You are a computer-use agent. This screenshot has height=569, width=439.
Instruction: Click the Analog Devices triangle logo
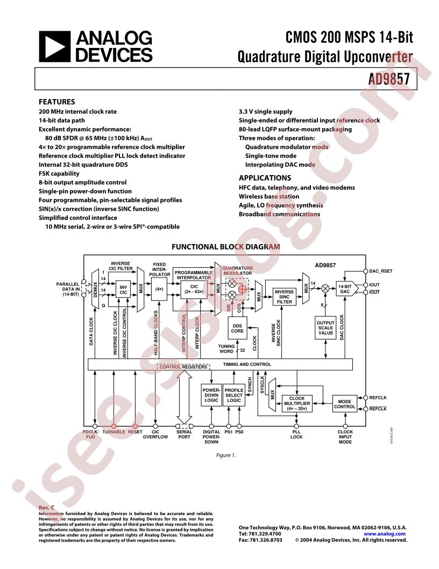(54, 46)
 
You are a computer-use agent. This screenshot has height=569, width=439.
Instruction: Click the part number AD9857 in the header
(389, 79)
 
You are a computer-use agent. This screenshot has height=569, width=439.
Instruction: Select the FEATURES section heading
(56, 101)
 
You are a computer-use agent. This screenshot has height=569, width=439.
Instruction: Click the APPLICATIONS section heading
(265, 178)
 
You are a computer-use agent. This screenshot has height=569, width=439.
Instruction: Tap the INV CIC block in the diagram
(123, 289)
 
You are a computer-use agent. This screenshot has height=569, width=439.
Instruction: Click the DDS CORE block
(237, 328)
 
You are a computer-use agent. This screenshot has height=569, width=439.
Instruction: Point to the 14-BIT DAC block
(344, 289)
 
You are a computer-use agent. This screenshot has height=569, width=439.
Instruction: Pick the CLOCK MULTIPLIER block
(297, 403)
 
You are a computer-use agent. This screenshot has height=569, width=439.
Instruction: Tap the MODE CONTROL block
(344, 404)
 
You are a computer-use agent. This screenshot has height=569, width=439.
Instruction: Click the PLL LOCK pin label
(296, 434)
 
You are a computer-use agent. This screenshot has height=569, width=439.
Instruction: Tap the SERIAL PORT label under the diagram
(185, 434)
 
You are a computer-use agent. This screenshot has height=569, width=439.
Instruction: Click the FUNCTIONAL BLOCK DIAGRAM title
(225, 247)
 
